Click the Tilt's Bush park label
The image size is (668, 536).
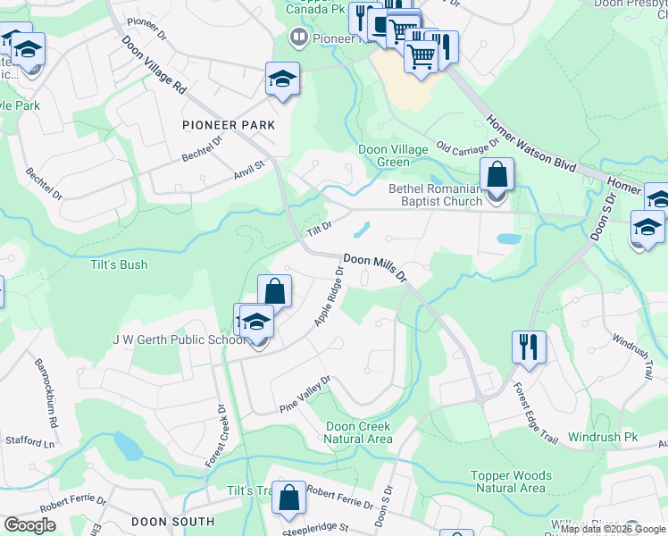[x=119, y=265]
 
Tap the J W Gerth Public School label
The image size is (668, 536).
[x=180, y=339]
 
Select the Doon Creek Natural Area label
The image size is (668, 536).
[x=358, y=432]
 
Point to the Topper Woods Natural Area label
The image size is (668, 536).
[x=514, y=482]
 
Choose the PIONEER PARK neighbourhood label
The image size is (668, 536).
[x=229, y=125]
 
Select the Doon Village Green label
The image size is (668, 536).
[x=397, y=155]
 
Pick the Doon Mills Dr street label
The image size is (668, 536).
[x=375, y=266]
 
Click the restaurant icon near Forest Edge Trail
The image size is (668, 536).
[x=529, y=346]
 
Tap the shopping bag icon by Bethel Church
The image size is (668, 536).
[x=497, y=174]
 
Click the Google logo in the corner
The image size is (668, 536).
[x=29, y=525]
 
